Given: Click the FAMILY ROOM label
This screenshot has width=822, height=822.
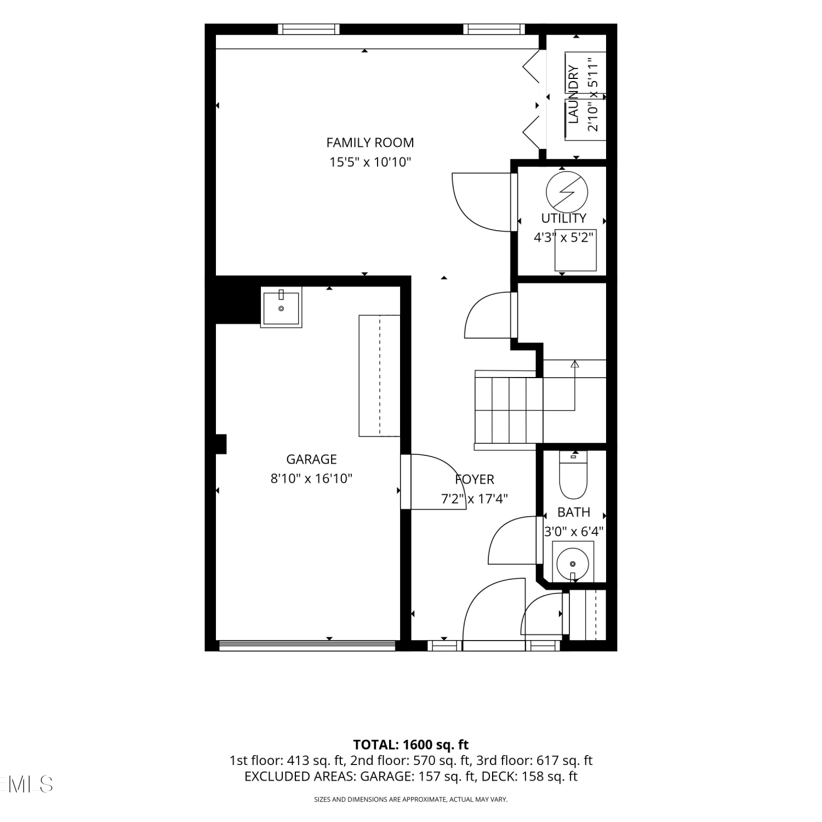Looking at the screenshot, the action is point(370,142).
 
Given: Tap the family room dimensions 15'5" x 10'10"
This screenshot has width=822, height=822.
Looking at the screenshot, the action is point(370,162).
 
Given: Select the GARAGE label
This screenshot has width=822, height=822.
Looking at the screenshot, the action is point(311,459).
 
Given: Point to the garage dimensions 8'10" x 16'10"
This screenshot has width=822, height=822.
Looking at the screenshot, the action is point(311,478).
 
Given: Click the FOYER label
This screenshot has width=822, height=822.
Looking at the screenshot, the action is point(475,480).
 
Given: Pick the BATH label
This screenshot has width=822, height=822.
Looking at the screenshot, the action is point(574,512).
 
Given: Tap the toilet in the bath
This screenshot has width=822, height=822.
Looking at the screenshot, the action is point(573,475).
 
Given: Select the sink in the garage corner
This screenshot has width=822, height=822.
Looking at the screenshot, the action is point(281,309).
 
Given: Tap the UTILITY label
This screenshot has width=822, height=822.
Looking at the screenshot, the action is point(563,218).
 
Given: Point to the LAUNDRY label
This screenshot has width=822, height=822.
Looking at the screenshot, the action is point(574,94).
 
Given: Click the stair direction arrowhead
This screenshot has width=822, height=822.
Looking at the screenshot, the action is point(574,364).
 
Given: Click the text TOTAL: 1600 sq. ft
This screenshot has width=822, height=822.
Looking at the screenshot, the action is point(411,745).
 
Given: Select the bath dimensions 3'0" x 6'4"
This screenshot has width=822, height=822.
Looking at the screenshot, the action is point(573,532).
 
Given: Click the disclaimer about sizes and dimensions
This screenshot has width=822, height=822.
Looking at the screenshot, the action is point(411,800).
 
